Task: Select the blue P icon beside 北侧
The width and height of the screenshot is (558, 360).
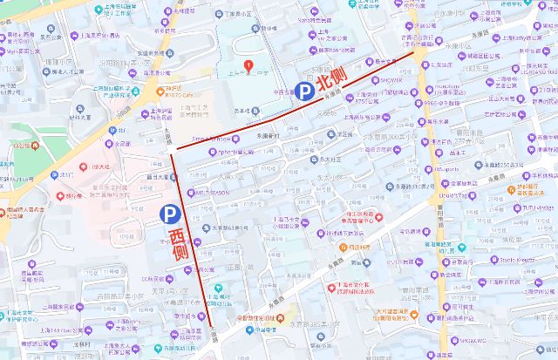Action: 305,90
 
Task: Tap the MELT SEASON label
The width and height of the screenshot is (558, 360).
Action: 214,191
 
